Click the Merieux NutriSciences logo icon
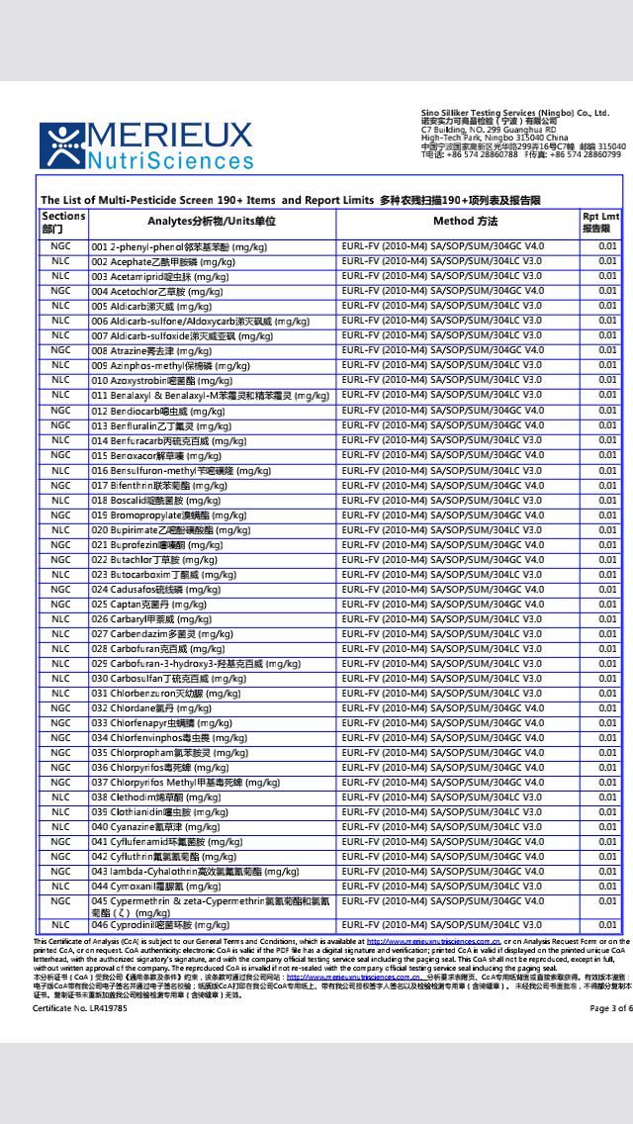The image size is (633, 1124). coord(61,145)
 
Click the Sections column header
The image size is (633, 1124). coord(63,222)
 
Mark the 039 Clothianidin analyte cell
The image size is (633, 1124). coord(159,812)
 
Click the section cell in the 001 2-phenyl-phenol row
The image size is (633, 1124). coord(61,246)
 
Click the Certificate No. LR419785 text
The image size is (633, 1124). coord(80,1008)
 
